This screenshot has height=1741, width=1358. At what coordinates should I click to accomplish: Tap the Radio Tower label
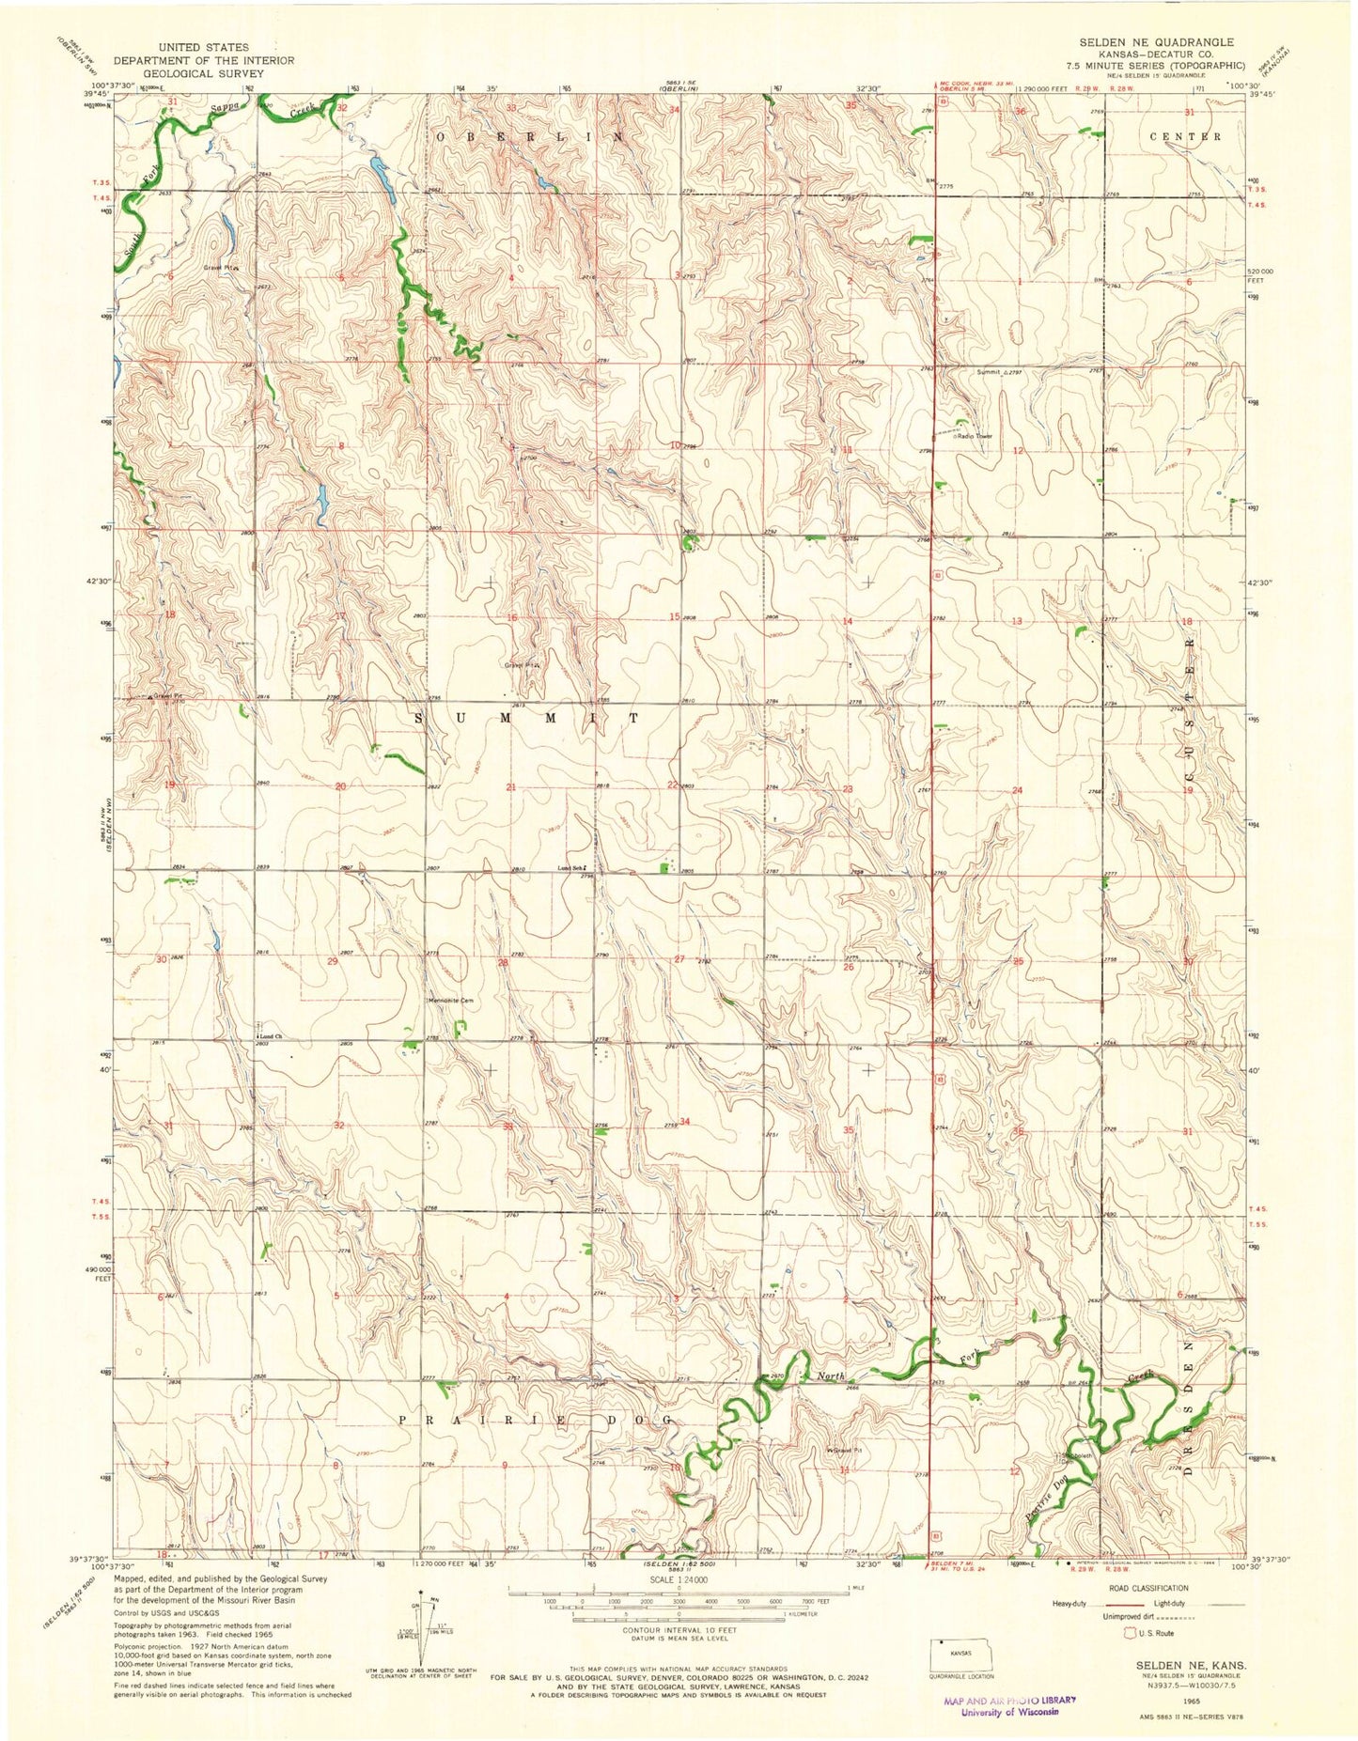pyautogui.click(x=974, y=436)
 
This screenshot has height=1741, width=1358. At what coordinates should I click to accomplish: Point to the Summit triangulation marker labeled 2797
pyautogui.click(x=1007, y=373)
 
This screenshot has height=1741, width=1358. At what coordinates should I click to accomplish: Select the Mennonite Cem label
pyautogui.click(x=454, y=1001)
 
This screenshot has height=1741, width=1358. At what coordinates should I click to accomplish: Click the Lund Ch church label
pyautogui.click(x=271, y=1035)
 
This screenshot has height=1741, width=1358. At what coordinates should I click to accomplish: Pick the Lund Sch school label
pyautogui.click(x=572, y=867)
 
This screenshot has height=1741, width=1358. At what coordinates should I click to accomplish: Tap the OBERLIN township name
pyautogui.click(x=529, y=137)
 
